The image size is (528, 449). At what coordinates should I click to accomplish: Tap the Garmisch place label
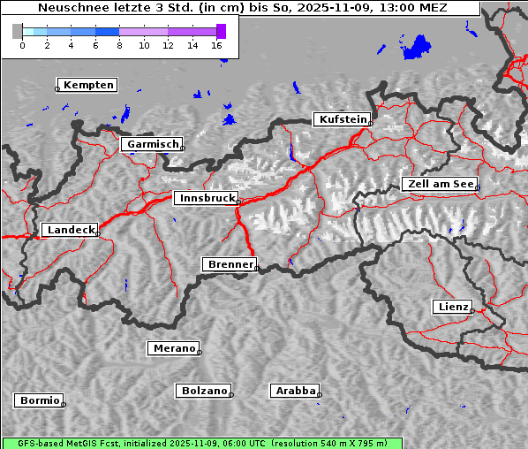pyautogui.click(x=153, y=144)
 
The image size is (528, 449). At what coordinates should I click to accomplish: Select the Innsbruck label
pyautogui.click(x=206, y=199)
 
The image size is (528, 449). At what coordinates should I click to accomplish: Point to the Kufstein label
pyautogui.click(x=342, y=119)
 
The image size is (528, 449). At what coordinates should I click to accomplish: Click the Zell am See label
pyautogui.click(x=440, y=184)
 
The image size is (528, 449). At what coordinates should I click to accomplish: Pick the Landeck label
pyautogui.click(x=70, y=230)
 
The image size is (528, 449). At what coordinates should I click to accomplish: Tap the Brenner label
pyautogui.click(x=230, y=264)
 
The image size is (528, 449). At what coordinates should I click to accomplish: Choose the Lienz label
pyautogui.click(x=453, y=307)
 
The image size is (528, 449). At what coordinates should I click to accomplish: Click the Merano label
pyautogui.click(x=174, y=348)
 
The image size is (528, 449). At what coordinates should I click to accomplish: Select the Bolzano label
pyautogui.click(x=204, y=390)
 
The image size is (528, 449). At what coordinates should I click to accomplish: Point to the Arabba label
pyautogui.click(x=295, y=390)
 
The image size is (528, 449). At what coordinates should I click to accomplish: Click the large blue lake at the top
pyautogui.click(x=415, y=47)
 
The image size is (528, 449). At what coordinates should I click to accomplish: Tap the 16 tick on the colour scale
pyautogui.click(x=217, y=44)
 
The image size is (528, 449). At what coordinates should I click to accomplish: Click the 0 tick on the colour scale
pyautogui.click(x=22, y=44)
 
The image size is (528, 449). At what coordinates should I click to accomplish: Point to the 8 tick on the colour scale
pyautogui.click(x=119, y=44)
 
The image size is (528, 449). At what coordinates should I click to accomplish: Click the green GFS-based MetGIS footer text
pyautogui.click(x=201, y=443)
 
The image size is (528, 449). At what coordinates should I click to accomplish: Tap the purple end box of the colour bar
pyautogui.click(x=221, y=31)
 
